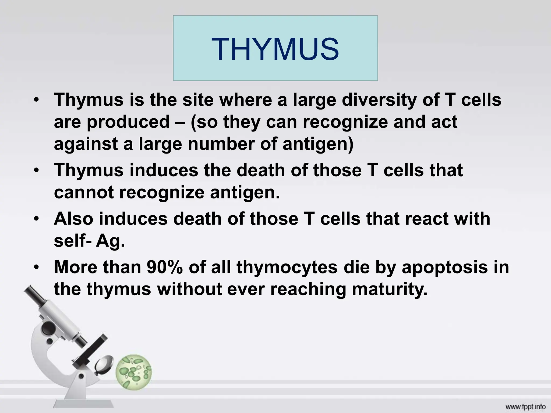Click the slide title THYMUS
point(275,49)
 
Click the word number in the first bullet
point(221,144)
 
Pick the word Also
point(73,218)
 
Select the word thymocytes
point(287,268)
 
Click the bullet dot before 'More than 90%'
point(37,268)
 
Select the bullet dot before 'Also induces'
point(37,219)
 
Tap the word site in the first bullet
point(198,100)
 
